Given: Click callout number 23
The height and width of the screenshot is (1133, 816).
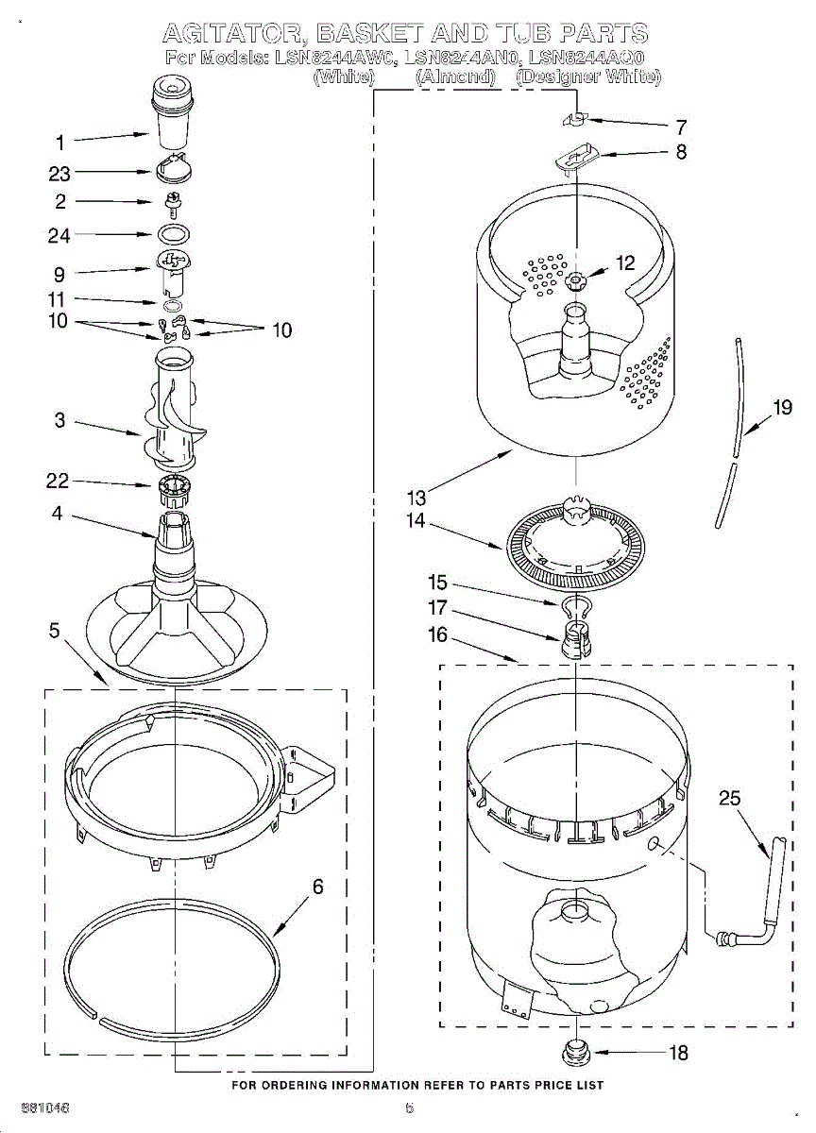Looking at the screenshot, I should coord(59,174).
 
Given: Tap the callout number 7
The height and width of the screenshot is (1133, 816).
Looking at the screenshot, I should coord(681,127).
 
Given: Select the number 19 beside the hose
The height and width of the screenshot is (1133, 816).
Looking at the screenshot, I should coord(782,408).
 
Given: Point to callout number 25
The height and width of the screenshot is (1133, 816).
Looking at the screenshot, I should coord(730,799).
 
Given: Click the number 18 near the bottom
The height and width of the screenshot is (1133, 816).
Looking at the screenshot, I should coord(678,1054).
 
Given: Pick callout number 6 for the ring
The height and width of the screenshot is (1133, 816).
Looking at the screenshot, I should coord(317,887).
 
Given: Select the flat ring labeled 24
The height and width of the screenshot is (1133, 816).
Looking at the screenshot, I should coord(172,234).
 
